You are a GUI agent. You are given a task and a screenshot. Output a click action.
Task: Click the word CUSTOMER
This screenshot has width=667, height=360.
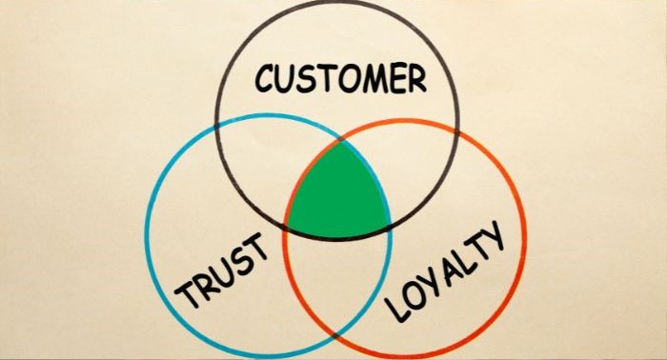[340, 78]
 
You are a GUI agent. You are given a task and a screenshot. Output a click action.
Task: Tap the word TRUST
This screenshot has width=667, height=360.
[221, 270]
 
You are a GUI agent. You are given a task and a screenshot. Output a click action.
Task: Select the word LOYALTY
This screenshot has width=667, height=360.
[445, 270]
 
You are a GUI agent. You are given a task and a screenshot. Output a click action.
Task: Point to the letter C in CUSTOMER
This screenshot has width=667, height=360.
[265, 79]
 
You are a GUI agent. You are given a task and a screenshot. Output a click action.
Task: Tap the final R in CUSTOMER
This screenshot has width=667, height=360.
[417, 79]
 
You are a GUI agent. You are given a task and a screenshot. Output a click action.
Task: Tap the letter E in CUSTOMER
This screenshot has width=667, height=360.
[398, 79]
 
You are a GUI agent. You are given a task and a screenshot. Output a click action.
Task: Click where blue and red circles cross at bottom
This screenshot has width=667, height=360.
[337, 335]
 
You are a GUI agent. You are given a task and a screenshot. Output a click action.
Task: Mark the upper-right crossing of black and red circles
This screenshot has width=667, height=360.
[456, 132]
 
